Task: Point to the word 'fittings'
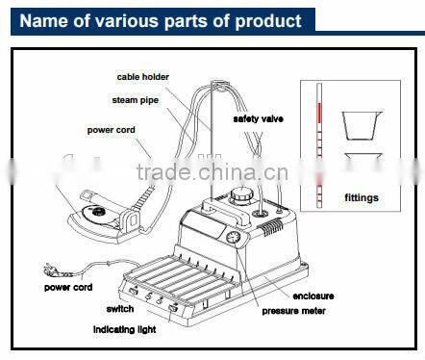click(x=361, y=198)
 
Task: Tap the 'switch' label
click(x=121, y=310)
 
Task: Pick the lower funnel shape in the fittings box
click(x=359, y=164)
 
